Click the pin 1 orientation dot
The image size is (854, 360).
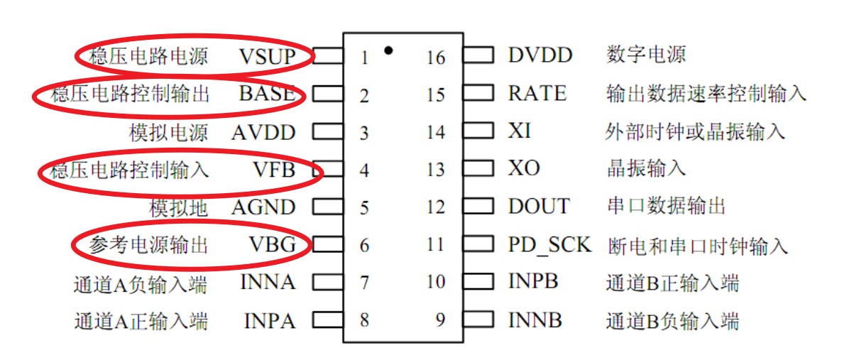(x=388, y=50)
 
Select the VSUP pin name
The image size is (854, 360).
(x=266, y=56)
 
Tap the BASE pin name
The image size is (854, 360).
(x=267, y=94)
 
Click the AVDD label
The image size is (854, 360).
(x=263, y=132)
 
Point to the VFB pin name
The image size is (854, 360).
(x=273, y=170)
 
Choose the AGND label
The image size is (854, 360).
(x=263, y=207)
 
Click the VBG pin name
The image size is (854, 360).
(x=272, y=245)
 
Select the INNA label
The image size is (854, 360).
(x=268, y=282)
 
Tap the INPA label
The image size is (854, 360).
(x=269, y=320)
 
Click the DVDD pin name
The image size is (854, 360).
(x=540, y=55)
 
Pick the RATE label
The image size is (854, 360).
(x=537, y=93)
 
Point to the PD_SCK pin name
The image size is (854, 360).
(x=549, y=246)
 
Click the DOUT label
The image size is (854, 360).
(x=538, y=207)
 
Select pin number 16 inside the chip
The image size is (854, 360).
(x=435, y=57)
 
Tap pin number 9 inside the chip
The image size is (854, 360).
(x=440, y=320)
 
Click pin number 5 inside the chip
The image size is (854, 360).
(x=364, y=208)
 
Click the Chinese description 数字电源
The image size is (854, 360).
(x=646, y=55)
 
